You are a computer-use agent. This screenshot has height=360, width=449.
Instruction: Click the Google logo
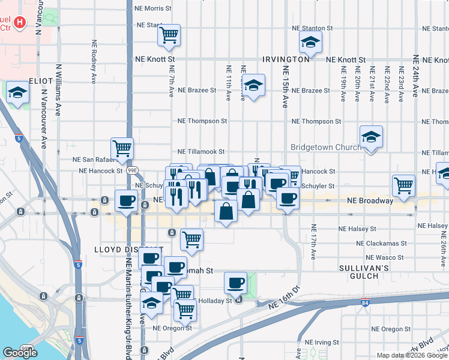pyautogui.click(x=20, y=353)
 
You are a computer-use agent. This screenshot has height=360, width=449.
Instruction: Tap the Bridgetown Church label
pyautogui.click(x=325, y=147)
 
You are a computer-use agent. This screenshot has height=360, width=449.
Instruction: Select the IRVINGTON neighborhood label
pyautogui.click(x=286, y=60)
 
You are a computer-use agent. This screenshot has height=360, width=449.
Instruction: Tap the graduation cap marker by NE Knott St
pyautogui.click(x=310, y=41)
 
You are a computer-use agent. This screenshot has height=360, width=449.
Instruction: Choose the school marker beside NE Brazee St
pyautogui.click(x=254, y=85)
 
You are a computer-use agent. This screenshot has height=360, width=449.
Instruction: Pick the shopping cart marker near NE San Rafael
pyautogui.click(x=122, y=148)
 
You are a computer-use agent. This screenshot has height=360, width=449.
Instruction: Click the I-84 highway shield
pyautogui.click(x=366, y=302)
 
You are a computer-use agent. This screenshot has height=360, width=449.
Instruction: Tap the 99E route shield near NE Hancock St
pyautogui.click(x=133, y=170)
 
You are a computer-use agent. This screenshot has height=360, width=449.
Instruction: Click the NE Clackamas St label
pyautogui.click(x=382, y=244)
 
